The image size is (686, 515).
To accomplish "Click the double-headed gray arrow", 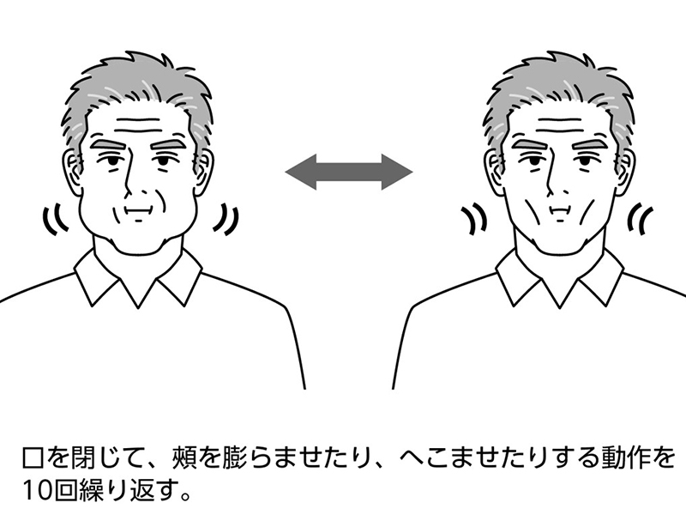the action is click(349, 172).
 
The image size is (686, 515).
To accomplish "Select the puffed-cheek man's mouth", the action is click(139, 211).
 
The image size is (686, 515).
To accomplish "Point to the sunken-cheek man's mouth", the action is click(561, 211).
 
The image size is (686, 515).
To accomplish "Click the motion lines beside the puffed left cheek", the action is click(55, 218).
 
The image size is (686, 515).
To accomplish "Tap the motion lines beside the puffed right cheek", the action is click(226, 218).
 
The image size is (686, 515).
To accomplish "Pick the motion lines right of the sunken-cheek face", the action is click(640, 218).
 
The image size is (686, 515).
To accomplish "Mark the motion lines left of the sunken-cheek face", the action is click(474, 218).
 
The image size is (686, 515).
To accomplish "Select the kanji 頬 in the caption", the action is click(184, 458).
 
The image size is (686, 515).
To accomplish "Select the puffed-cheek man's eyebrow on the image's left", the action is click(110, 144).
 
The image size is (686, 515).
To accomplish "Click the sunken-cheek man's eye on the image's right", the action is click(584, 161).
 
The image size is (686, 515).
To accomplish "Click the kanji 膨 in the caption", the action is click(234, 458).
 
